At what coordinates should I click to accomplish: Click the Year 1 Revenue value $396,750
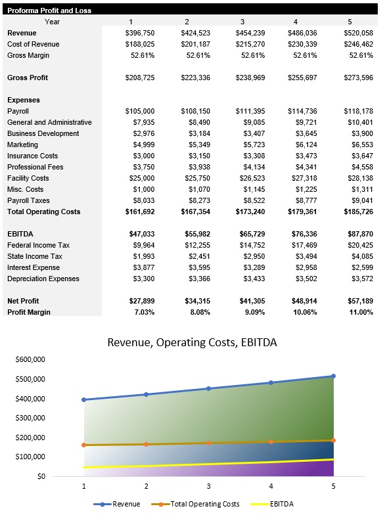click(140, 33)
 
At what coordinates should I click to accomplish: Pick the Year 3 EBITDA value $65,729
click(250, 234)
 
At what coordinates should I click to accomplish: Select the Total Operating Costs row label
click(43, 212)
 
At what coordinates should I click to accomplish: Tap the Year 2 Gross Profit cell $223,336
click(195, 78)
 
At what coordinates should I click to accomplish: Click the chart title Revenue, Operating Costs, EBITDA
click(192, 343)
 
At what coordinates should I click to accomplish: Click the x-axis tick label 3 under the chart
click(208, 486)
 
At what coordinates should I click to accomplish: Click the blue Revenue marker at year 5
click(333, 376)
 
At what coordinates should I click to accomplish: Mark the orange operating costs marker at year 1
click(83, 445)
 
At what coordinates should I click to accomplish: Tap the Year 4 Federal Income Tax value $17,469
click(304, 245)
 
